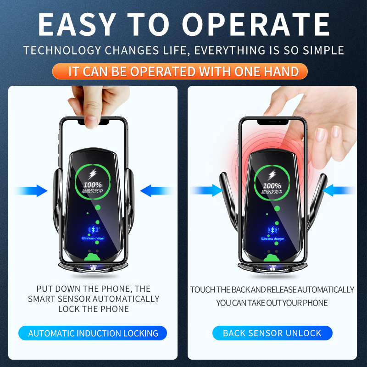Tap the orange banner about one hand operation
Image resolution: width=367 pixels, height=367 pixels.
[183, 72]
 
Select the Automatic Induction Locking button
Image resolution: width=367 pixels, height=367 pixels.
[93, 334]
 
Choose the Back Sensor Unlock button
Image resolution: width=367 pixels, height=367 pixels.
[272, 334]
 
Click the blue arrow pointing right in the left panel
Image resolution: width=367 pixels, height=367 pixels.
[32, 190]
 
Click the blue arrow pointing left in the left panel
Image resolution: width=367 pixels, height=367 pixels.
[155, 190]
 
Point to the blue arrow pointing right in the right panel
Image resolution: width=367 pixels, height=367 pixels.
[207, 190]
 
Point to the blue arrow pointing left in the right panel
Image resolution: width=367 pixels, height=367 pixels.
[340, 190]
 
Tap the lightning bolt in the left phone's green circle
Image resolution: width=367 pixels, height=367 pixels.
[93, 175]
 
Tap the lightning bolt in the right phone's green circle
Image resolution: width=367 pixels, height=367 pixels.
[272, 175]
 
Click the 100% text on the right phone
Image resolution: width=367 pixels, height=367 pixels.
[272, 185]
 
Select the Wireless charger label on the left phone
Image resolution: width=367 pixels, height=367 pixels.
[93, 239]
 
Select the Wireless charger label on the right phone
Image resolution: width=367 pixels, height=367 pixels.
[272, 239]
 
